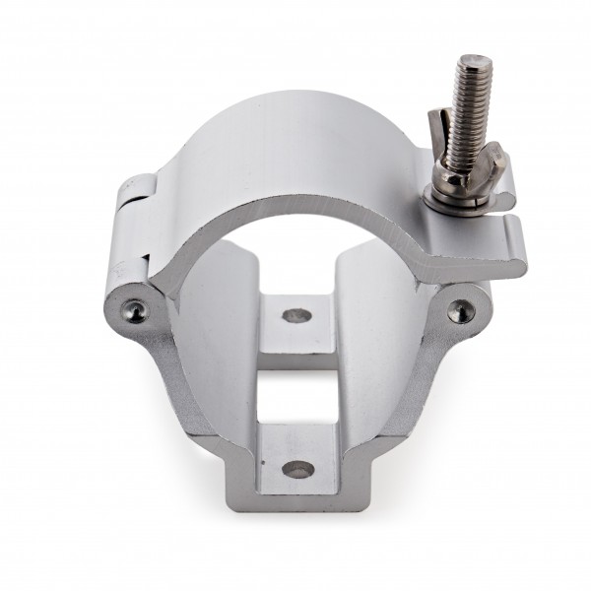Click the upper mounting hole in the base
tap(293, 316)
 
